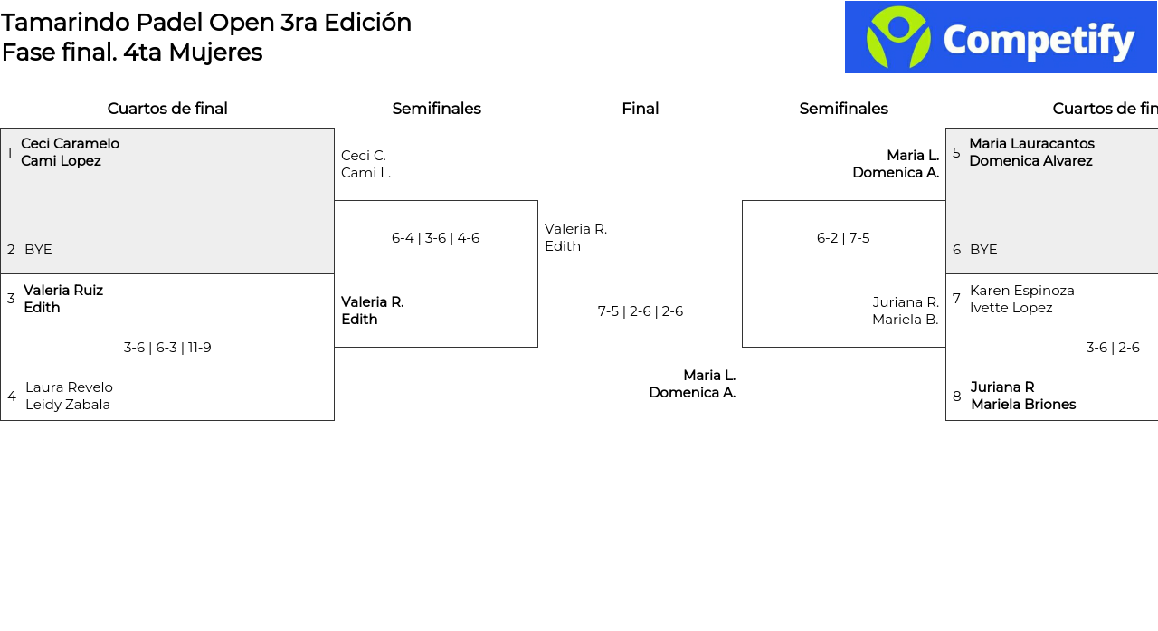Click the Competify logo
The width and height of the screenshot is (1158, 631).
point(1001,37)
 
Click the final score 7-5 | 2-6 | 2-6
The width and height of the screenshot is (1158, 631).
point(640,311)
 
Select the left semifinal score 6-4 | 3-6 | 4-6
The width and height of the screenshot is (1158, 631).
point(435,238)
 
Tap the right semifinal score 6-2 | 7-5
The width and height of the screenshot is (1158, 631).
point(843,238)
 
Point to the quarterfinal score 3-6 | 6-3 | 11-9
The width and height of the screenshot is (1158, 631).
point(167,348)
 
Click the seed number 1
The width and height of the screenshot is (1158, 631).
point(10,153)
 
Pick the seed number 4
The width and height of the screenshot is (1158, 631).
point(12,397)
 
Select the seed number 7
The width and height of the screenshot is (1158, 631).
point(956,299)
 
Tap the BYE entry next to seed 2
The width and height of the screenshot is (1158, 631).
point(38,250)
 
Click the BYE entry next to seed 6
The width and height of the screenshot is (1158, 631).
point(983,250)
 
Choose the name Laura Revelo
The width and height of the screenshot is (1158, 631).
point(69,387)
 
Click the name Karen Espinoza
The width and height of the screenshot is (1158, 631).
point(1022,291)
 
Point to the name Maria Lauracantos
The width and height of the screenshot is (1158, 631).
point(1031,144)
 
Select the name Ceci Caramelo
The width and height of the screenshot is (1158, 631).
point(70,144)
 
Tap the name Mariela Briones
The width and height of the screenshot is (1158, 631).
point(1023,405)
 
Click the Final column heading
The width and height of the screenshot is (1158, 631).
point(640,109)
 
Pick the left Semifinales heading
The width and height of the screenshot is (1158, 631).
point(436,109)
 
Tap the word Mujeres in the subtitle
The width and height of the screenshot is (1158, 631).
point(215,53)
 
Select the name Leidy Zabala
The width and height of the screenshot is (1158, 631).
point(68,405)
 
